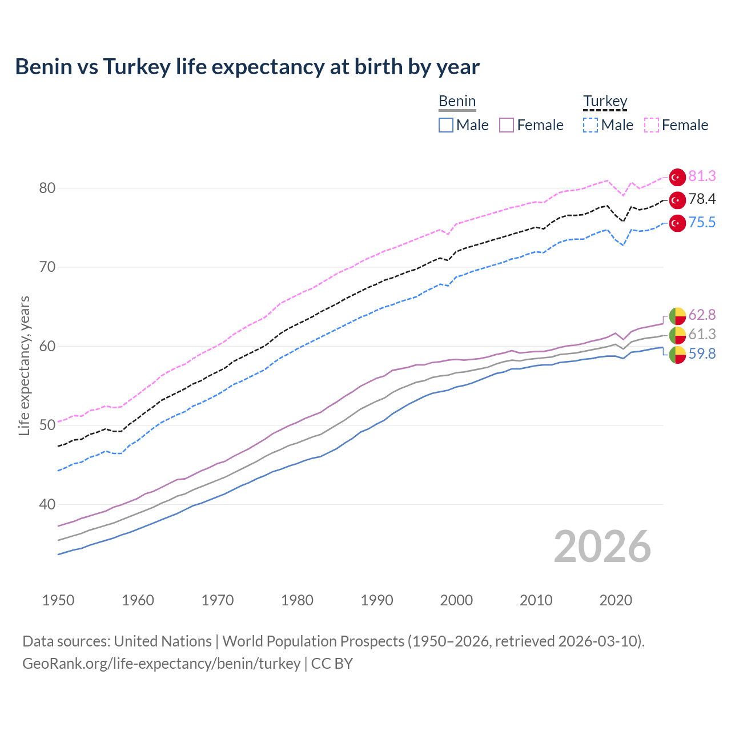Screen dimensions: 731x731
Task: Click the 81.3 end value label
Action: click(702, 176)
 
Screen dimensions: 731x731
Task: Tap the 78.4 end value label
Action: click(702, 199)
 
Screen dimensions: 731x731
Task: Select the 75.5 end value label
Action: click(702, 223)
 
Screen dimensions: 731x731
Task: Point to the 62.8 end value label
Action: click(702, 315)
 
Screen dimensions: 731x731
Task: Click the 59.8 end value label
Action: click(702, 354)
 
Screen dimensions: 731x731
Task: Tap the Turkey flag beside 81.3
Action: click(677, 178)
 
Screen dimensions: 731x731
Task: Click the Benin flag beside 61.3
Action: click(677, 335)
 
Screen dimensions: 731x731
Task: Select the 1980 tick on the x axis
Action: click(298, 600)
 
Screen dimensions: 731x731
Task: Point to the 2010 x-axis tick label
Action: click(536, 600)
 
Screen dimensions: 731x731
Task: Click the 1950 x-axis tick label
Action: click(59, 600)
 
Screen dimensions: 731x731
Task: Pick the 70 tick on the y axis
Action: click(47, 267)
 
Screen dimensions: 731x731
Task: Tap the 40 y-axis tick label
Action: click(47, 505)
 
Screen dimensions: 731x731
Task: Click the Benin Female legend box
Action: click(507, 125)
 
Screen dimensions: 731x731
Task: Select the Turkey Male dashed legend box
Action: click(591, 125)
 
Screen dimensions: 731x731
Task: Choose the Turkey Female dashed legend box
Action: click(652, 125)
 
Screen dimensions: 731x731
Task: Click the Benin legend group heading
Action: click(457, 102)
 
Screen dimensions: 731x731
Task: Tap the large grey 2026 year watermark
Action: click(603, 547)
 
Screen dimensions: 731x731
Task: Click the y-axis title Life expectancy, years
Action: click(25, 365)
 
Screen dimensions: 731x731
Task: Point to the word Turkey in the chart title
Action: click(137, 67)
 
